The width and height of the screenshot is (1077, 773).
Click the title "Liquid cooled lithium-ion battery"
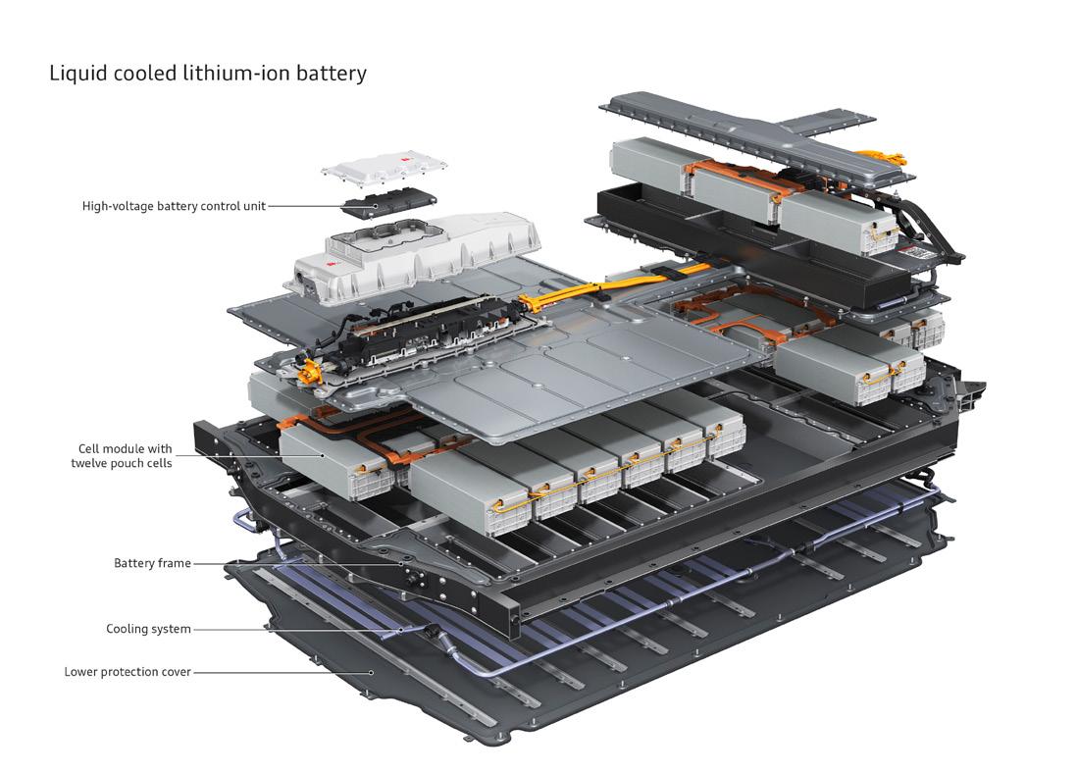[x=208, y=73]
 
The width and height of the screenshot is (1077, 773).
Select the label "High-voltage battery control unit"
[x=174, y=206]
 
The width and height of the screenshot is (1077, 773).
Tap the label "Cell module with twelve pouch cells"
[x=121, y=456]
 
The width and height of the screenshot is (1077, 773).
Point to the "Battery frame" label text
[x=152, y=563]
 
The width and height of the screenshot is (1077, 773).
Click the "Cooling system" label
[x=148, y=629]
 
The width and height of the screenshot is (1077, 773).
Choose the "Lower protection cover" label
[x=128, y=672]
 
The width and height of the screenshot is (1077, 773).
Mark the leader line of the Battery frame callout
[x=294, y=563]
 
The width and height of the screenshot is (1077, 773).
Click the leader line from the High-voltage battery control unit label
[x=304, y=206]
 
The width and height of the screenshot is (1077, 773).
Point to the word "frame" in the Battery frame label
[x=174, y=563]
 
